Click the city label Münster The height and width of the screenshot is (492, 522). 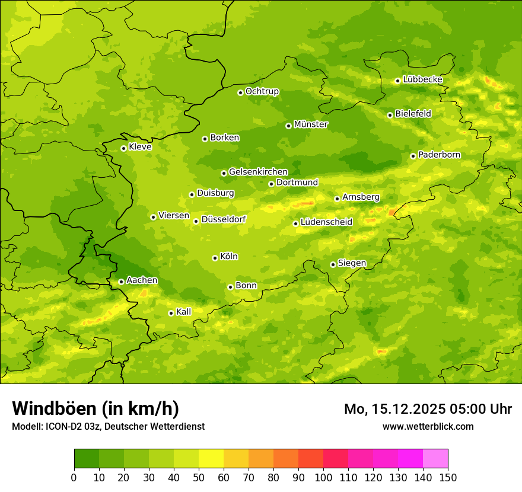click(x=311, y=124)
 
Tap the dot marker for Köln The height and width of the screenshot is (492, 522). click(x=215, y=258)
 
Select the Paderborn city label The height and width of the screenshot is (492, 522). click(x=439, y=155)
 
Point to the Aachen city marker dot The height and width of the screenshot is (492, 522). click(x=121, y=282)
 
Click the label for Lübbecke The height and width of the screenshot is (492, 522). click(x=422, y=79)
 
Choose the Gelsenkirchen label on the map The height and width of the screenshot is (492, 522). click(x=258, y=172)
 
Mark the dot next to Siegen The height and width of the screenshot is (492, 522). click(x=333, y=264)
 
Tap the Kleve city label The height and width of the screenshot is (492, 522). click(x=140, y=147)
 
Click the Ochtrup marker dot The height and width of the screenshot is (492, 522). click(x=240, y=92)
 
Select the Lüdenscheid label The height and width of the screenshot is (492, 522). click(x=326, y=222)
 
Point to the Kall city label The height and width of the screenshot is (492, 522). click(x=183, y=312)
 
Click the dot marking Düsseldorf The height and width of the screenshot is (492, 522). click(x=196, y=221)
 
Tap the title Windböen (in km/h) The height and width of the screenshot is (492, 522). click(x=96, y=408)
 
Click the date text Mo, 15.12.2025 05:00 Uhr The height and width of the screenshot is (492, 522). click(x=428, y=409)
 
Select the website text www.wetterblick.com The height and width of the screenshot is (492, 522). click(x=428, y=426)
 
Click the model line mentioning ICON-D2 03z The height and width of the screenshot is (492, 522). click(x=108, y=426)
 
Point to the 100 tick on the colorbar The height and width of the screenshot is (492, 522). click(x=323, y=477)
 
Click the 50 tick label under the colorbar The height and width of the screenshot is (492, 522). click(x=199, y=477)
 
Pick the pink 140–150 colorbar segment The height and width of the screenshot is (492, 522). click(x=435, y=459)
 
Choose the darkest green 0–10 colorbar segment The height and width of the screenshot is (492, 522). click(x=87, y=459)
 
